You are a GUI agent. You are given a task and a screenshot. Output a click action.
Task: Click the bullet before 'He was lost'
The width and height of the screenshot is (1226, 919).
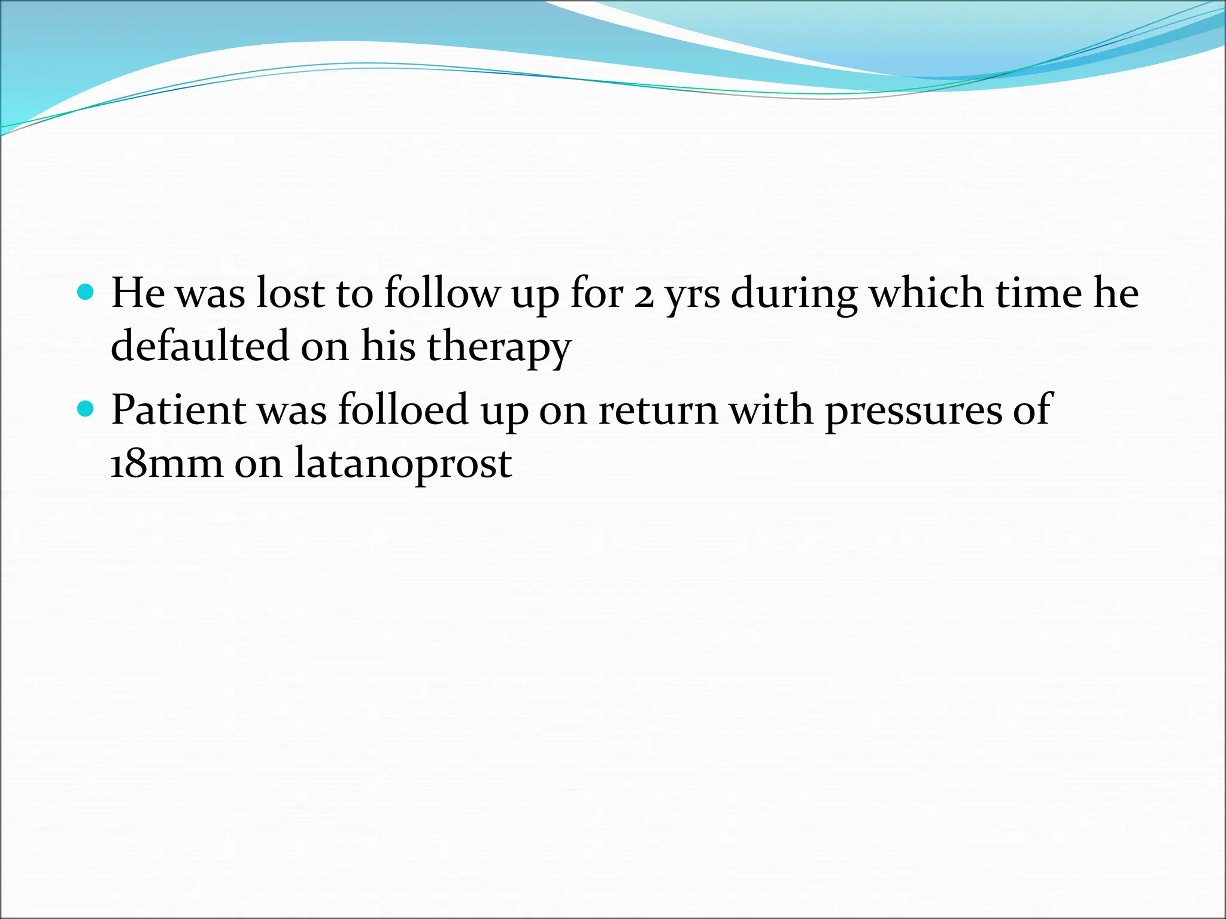[86, 293]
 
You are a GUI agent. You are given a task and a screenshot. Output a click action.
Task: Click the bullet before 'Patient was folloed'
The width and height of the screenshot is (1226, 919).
[86, 409]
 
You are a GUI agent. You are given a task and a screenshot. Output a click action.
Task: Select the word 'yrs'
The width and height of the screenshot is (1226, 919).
[693, 296]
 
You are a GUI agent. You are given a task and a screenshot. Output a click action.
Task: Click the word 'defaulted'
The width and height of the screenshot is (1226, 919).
[199, 346]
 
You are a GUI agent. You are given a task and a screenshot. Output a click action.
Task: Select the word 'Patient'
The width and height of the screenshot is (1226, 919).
[178, 410]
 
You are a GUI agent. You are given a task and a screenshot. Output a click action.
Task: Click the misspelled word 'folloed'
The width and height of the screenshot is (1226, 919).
[402, 410]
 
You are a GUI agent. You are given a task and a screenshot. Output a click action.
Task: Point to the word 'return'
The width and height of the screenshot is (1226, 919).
[658, 411]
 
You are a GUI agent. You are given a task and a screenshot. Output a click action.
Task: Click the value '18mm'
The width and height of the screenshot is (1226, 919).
[167, 463]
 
